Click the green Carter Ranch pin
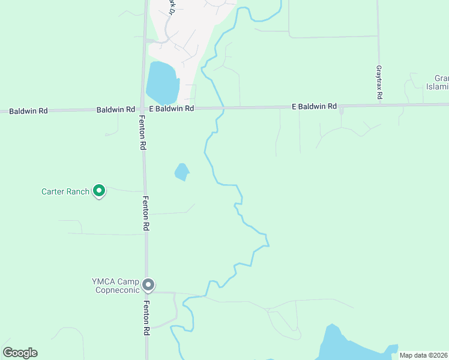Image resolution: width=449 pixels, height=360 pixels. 99,191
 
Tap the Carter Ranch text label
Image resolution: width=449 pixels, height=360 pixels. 65,192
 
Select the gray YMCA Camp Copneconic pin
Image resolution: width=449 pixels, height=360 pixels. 149,284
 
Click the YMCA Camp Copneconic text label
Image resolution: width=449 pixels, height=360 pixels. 115,286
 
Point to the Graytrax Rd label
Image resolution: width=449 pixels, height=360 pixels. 379,83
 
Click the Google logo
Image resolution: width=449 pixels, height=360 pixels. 20,353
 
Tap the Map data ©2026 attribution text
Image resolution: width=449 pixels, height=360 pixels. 423,355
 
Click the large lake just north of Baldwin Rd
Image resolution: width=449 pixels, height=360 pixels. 161,83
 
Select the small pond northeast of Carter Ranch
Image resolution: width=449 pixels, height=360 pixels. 182,172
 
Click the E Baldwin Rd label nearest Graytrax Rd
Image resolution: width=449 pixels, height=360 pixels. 314,106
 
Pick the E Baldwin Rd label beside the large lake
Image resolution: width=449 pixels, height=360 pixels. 172,109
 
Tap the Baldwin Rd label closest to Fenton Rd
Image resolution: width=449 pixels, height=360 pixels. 116,110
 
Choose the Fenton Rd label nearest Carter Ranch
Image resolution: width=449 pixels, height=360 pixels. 146,214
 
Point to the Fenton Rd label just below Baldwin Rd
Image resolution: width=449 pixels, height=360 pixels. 143,132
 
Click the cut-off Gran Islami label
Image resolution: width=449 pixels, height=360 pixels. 438,83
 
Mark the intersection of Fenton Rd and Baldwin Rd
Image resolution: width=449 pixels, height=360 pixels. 143,109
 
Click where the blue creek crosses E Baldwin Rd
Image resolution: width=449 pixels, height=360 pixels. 223,108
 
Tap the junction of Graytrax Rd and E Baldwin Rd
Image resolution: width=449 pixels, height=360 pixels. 379,105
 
